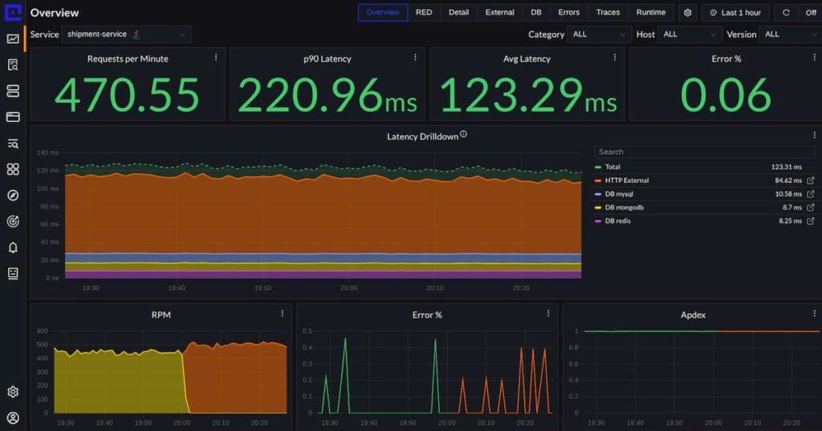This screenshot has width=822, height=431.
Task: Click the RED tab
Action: click(424, 13)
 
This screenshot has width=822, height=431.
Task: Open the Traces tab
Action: click(608, 13)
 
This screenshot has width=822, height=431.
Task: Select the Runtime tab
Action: click(651, 13)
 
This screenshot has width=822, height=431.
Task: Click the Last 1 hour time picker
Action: click(735, 13)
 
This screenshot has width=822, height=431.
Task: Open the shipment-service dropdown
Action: click(126, 35)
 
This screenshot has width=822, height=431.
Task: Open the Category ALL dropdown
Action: click(599, 35)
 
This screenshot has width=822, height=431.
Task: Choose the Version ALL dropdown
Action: click(790, 35)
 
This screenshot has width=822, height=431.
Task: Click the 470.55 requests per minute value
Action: click(127, 95)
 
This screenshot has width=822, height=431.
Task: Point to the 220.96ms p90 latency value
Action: click(327, 95)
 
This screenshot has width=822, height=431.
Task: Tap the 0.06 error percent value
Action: click(726, 95)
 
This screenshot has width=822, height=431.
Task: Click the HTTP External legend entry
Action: click(627, 181)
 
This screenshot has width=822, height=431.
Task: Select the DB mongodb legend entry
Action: click(624, 207)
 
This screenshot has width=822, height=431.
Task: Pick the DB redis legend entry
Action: click(617, 221)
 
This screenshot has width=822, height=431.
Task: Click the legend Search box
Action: click(704, 152)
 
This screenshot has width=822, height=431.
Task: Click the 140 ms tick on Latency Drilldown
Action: click(48, 152)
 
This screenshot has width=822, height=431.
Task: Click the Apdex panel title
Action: click(693, 315)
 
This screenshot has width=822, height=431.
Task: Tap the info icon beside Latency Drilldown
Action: click(463, 135)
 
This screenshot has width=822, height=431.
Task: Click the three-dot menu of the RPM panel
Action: click(282, 314)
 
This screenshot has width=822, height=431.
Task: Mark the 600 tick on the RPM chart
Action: click(42, 331)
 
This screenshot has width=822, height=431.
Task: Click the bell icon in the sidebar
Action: click(13, 247)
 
